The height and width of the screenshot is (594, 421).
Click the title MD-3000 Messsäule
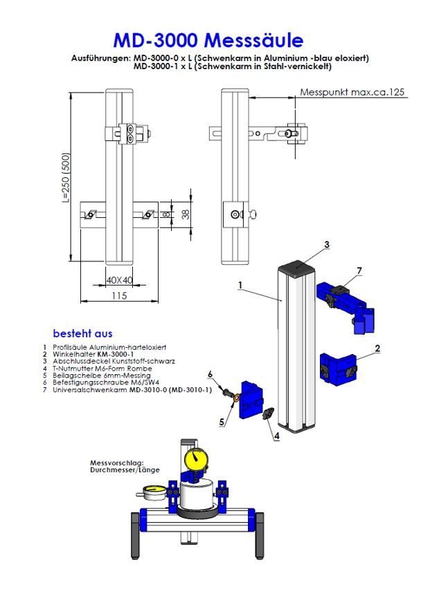(208, 39)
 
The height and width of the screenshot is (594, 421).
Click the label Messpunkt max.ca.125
(352, 92)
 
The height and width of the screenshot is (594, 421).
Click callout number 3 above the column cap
(327, 244)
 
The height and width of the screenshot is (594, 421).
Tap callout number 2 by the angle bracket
(377, 349)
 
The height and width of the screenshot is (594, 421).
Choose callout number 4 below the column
(276, 436)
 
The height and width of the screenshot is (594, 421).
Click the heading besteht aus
(82, 333)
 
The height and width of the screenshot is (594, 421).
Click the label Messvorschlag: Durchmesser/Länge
(125, 466)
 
